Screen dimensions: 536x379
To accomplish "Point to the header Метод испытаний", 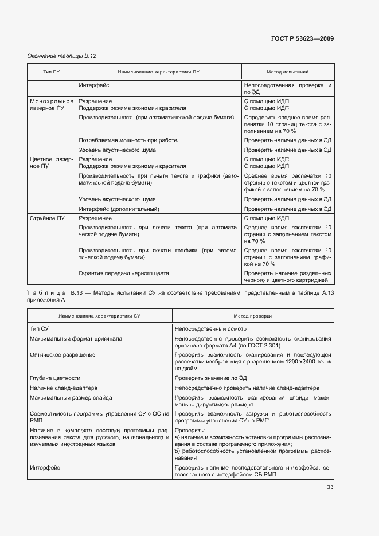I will [288, 72].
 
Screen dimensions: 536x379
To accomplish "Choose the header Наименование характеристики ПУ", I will [158, 72].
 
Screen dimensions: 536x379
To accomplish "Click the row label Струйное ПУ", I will [47, 218].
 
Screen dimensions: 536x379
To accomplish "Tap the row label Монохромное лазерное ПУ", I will [51, 104].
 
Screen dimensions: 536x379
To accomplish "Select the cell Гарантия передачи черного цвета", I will [124, 273].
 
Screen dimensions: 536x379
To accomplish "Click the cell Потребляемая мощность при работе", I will [127, 140].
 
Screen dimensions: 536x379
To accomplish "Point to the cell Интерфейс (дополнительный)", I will [119, 209].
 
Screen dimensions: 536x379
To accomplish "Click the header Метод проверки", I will [253, 316].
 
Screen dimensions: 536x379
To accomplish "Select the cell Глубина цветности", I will [55, 378].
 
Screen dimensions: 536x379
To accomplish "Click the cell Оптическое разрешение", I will [62, 355].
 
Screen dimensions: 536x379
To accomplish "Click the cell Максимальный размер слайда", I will [71, 397].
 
